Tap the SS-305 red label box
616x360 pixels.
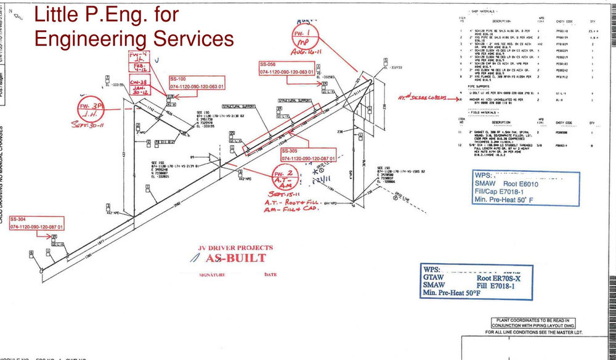tap(308, 155)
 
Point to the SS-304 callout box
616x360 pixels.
tap(35, 224)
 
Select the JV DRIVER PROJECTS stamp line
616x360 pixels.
tap(235, 248)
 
